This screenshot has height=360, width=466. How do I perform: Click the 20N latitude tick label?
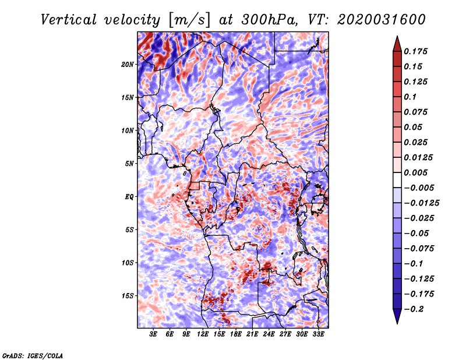pyautogui.click(x=128, y=65)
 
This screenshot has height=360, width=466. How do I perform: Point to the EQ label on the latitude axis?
pyautogui.click(x=129, y=197)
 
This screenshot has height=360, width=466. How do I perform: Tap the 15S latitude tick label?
pyautogui.click(x=128, y=296)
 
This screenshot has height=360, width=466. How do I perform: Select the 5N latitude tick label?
pyautogui.click(x=129, y=164)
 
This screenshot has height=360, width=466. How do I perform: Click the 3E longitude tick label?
pyautogui.click(x=153, y=334)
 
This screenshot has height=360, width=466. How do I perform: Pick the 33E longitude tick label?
pyautogui.click(x=318, y=334)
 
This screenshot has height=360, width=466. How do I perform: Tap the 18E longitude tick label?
pyautogui.click(x=236, y=334)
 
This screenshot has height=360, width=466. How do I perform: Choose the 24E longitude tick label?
pyautogui.click(x=269, y=334)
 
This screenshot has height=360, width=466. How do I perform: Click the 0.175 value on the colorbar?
pyautogui.click(x=415, y=51)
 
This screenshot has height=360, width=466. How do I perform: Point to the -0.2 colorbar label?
pyautogui.click(x=414, y=309)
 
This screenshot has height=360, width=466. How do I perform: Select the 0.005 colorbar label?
pyautogui.click(x=415, y=172)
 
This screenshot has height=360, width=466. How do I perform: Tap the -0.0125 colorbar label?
pyautogui.click(x=421, y=203)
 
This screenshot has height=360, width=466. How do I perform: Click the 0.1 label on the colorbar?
pyautogui.click(x=410, y=97)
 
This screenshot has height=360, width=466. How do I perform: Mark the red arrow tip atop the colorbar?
pyautogui.click(x=397, y=37)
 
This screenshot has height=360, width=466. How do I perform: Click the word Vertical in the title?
pyautogui.click(x=69, y=20)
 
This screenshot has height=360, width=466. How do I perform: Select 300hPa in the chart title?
pyautogui.click(x=270, y=20)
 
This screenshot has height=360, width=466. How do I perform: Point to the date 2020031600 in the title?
pyautogui.click(x=382, y=20)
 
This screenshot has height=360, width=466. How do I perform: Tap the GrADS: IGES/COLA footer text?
pyautogui.click(x=33, y=356)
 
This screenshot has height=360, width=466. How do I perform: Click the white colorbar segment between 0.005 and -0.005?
pyautogui.click(x=397, y=180)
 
